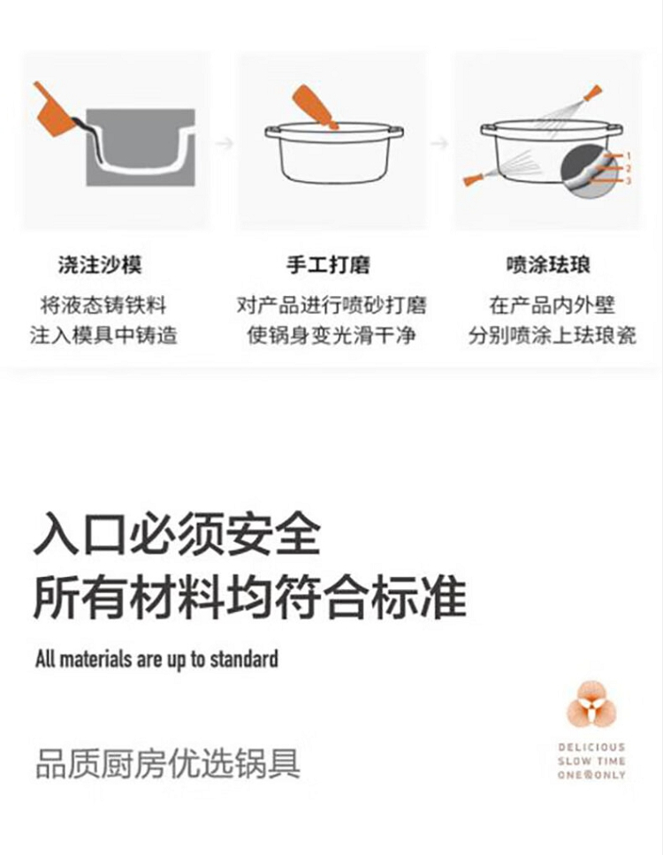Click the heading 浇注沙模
[100, 265]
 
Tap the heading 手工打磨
[329, 265]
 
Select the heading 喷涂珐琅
[548, 265]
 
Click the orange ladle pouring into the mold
[52, 109]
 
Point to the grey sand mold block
[141, 148]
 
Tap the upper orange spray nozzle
[592, 93]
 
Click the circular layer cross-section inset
[587, 170]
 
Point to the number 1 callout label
[628, 156]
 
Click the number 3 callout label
[628, 180]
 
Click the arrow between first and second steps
[225, 143]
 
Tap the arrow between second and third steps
[439, 143]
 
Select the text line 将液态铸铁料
[103, 306]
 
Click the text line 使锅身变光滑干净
[331, 335]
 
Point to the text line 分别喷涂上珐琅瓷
[552, 335]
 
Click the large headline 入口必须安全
[177, 533]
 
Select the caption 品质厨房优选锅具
[168, 763]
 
